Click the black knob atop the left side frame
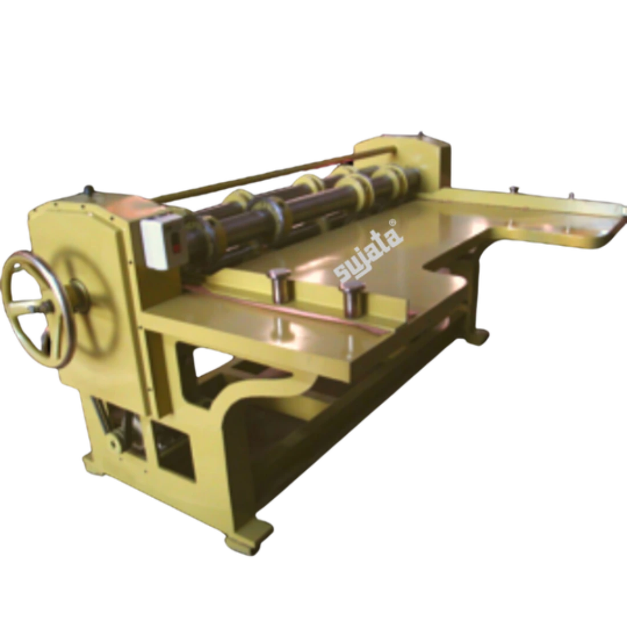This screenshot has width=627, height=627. pos(87,188)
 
